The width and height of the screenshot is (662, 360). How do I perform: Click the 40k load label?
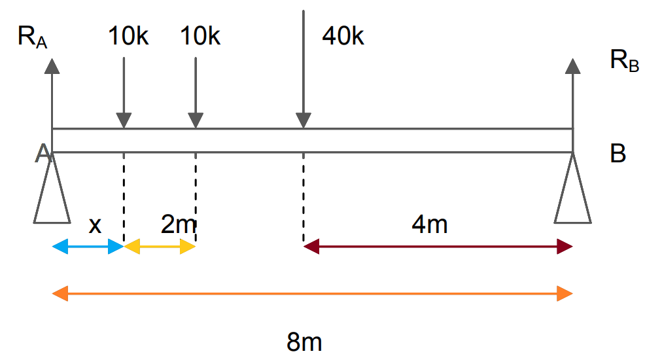click(x=342, y=36)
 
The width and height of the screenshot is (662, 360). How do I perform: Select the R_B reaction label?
click(x=624, y=62)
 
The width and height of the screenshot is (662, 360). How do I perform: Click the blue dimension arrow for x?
click(x=88, y=247)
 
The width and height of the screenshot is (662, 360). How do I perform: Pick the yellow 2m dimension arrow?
click(x=160, y=247)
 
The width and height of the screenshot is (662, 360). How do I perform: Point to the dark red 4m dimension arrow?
click(x=438, y=247)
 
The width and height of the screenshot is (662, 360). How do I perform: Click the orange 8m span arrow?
click(x=312, y=293)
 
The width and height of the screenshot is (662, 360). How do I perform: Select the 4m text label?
click(x=430, y=225)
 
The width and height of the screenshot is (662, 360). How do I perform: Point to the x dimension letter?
click(x=95, y=225)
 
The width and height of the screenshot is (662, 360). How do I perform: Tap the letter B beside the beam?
click(x=618, y=154)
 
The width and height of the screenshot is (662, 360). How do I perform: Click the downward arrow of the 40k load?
click(x=303, y=65)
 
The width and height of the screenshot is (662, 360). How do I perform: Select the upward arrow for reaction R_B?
click(x=573, y=92)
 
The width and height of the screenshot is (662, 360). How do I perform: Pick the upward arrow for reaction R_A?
click(x=52, y=92)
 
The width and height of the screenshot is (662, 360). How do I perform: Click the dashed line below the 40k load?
click(x=303, y=196)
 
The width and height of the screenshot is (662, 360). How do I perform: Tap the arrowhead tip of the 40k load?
click(x=303, y=126)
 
